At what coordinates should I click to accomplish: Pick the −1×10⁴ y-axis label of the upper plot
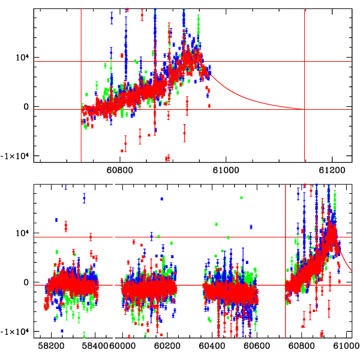[16, 155]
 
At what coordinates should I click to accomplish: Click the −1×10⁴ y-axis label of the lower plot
[16, 331]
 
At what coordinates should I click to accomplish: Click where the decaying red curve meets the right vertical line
[304, 109]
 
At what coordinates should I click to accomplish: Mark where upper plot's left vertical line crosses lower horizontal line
[81, 109]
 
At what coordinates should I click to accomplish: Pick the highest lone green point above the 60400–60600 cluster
[241, 197]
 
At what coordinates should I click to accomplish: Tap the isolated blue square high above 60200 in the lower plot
[161, 199]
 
